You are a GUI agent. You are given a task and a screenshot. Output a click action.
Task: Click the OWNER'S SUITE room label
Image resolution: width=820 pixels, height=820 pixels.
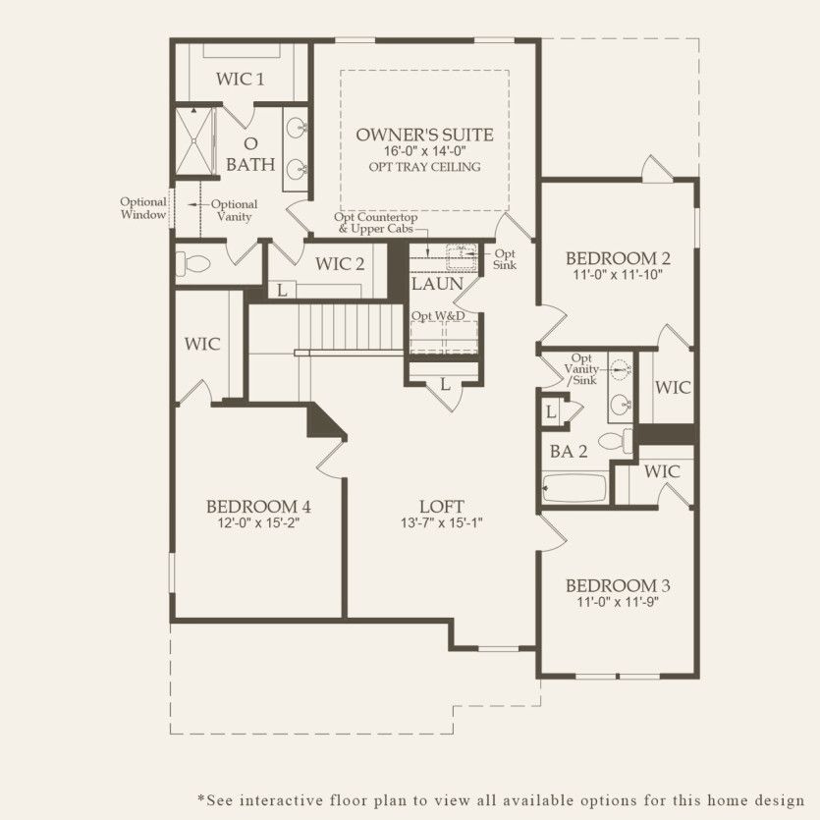point(424,135)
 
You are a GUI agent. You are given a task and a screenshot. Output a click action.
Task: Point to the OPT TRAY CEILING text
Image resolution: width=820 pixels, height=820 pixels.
point(424,167)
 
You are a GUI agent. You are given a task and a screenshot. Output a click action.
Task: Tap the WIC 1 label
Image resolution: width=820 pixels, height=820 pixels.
point(240,79)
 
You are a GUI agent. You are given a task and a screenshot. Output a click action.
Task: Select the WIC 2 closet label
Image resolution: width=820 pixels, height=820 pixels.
point(340,263)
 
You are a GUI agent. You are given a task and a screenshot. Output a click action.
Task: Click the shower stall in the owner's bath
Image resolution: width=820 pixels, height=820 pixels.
point(193,141)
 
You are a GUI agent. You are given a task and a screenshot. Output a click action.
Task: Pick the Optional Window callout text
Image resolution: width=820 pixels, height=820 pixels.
point(143,208)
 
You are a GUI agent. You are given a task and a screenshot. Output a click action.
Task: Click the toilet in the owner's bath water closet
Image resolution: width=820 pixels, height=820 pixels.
point(194,264)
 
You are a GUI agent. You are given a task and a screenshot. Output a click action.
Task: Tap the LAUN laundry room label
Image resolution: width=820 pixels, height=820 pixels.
point(437,285)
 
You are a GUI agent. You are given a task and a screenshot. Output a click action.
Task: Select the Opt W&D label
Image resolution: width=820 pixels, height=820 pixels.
point(437,315)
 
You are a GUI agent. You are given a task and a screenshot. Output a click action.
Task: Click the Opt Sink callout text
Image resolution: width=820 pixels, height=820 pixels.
point(505,259)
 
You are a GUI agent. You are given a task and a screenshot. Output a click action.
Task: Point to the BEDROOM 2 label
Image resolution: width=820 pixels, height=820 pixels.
point(618,258)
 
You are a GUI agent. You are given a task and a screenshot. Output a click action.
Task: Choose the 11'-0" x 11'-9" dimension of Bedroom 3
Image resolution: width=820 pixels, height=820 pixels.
point(618,602)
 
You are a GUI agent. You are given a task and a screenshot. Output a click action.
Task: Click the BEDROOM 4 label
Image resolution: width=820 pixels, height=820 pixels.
point(258,507)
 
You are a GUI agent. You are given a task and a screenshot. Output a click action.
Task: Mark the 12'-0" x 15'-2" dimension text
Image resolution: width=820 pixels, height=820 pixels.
point(258,524)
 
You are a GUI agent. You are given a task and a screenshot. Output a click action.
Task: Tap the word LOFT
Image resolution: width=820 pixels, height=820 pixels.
point(441,507)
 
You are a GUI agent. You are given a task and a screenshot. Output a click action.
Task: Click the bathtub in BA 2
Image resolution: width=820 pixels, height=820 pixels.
point(574,488)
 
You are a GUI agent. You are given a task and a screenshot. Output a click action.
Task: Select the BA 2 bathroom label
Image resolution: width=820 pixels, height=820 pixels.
point(563,453)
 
